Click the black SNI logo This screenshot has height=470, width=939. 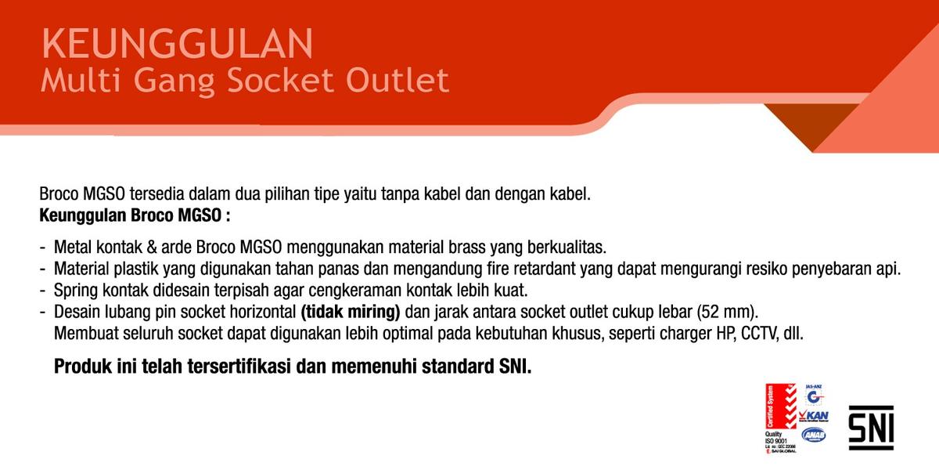[x=871, y=427]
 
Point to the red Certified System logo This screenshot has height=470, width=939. [x=780, y=407]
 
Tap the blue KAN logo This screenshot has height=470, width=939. [x=815, y=415]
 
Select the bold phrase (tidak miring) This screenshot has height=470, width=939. [x=351, y=312]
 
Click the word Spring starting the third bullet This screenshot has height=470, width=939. [x=75, y=291]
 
